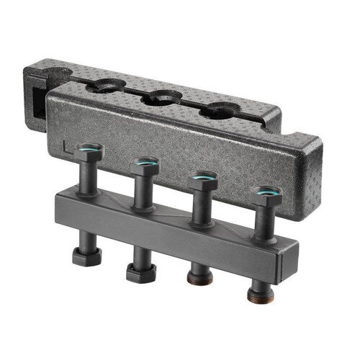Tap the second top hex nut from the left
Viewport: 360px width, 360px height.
[145, 168]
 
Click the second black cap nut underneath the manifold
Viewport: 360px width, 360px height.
[136, 272]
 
